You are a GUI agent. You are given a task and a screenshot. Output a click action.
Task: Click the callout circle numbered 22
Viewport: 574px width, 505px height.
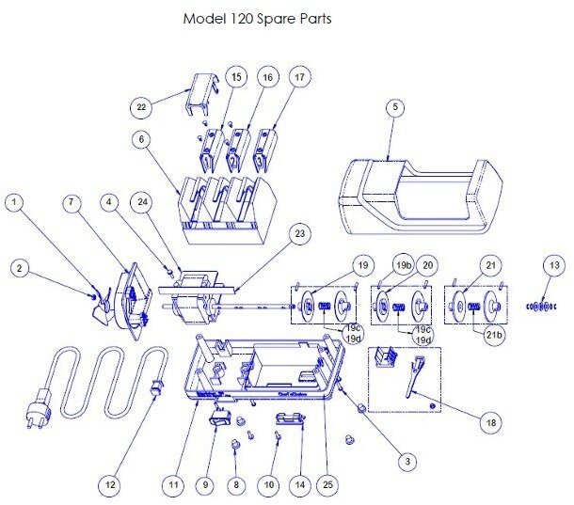coord(141,107)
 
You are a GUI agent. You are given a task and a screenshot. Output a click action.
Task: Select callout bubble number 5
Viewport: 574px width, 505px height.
coord(395,107)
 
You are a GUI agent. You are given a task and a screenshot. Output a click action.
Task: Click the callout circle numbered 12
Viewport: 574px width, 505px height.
coord(111,485)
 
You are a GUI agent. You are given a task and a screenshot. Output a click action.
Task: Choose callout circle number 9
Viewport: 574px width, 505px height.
coord(203,485)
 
